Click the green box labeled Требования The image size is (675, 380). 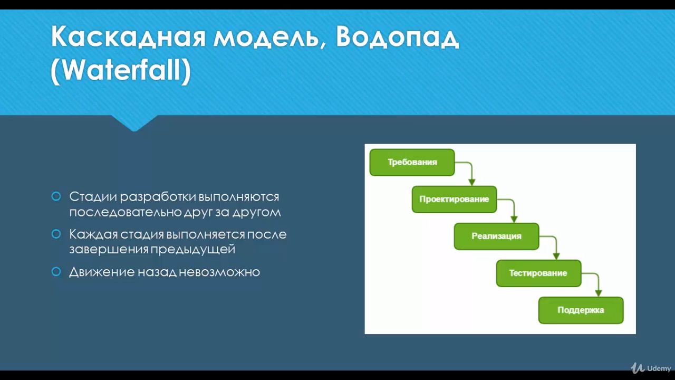(412, 162)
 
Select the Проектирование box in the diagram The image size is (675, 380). (454, 199)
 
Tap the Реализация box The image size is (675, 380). (496, 236)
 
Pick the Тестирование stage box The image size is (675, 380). (538, 273)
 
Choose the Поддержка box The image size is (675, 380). (581, 310)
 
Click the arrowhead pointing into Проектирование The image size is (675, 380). (472, 182)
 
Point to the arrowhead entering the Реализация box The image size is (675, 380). (514, 219)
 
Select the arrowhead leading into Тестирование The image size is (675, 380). (556, 256)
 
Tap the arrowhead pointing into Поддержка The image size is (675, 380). (599, 293)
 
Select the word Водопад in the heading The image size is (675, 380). (397, 36)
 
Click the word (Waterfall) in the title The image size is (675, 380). (121, 70)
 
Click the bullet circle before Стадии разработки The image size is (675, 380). (56, 197)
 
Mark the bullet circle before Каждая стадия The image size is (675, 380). (56, 234)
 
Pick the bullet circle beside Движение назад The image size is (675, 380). (56, 272)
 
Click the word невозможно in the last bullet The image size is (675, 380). (219, 272)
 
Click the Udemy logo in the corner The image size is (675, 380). (651, 368)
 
